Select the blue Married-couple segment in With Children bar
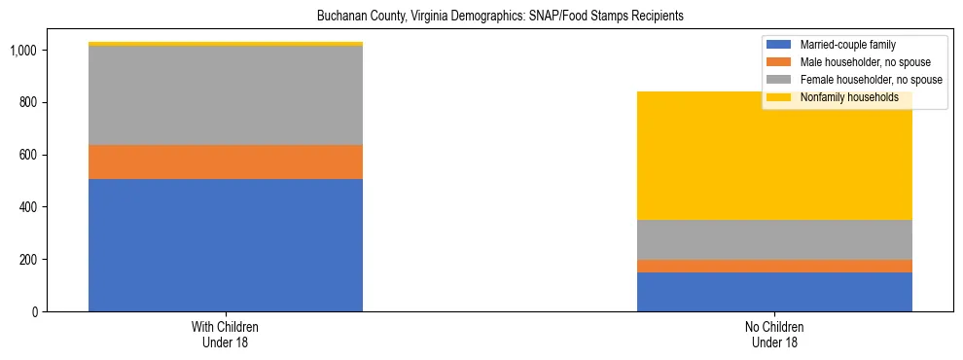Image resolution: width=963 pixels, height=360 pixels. tap(226, 245)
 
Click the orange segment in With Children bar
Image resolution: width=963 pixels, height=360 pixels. tap(226, 162)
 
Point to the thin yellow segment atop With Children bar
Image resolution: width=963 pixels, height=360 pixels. tap(226, 44)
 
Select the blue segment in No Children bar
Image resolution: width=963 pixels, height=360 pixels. tap(774, 292)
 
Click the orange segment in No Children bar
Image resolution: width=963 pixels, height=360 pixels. tap(774, 266)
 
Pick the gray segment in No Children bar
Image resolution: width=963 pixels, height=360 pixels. tap(774, 239)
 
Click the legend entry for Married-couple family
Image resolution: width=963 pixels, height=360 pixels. tap(847, 45)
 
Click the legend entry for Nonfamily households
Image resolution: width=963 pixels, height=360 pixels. tap(848, 97)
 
